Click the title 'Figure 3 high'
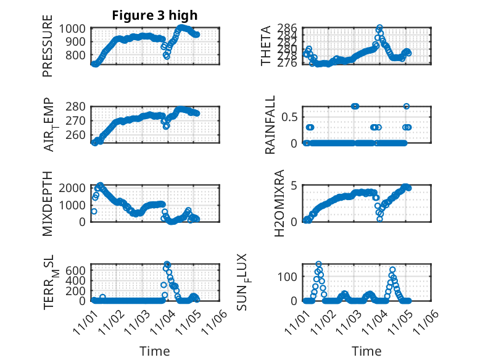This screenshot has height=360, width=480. (155, 15)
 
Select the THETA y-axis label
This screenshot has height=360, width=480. (266, 46)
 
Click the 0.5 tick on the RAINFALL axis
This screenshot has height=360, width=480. (292, 117)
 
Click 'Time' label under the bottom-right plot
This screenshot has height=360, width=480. (366, 351)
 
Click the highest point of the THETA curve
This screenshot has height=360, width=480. (379, 28)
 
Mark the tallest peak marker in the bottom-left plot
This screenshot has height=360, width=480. (167, 264)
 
